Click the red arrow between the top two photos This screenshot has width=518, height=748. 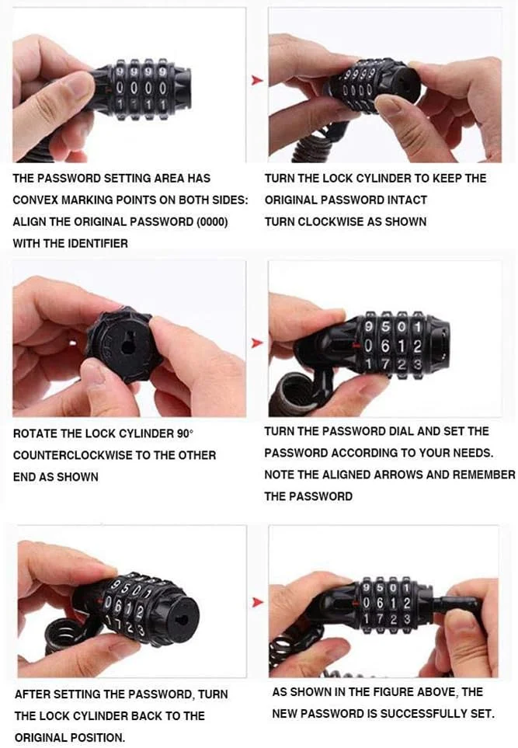tap(257, 80)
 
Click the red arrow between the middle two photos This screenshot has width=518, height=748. tap(257, 343)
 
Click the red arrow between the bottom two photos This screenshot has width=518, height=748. tap(258, 602)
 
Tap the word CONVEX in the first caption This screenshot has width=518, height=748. tap(33, 200)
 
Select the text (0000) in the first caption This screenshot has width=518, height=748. tap(213, 222)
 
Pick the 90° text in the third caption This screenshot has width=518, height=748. tap(186, 433)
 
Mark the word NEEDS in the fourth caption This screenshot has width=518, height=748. tap(474, 453)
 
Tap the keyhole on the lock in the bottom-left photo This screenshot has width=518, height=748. tap(182, 620)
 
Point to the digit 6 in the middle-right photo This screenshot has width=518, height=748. tap(385, 346)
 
